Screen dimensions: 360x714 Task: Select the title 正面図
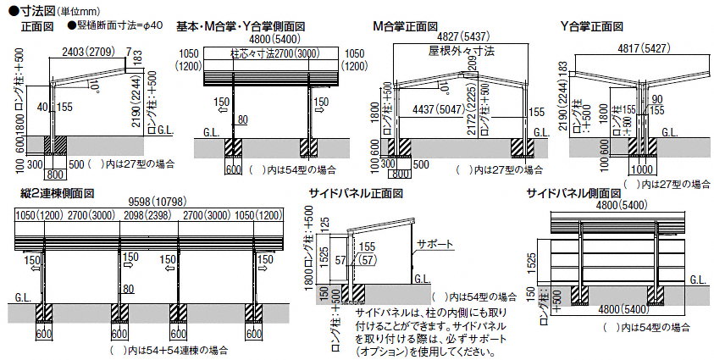coord(36,26)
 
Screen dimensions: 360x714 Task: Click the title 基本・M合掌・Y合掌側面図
coord(241,26)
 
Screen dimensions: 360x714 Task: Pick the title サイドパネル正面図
coord(356,194)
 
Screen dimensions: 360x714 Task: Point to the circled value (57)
coord(367,259)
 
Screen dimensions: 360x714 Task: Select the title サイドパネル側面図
coord(576,194)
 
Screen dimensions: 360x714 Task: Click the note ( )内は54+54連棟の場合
coord(168,349)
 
